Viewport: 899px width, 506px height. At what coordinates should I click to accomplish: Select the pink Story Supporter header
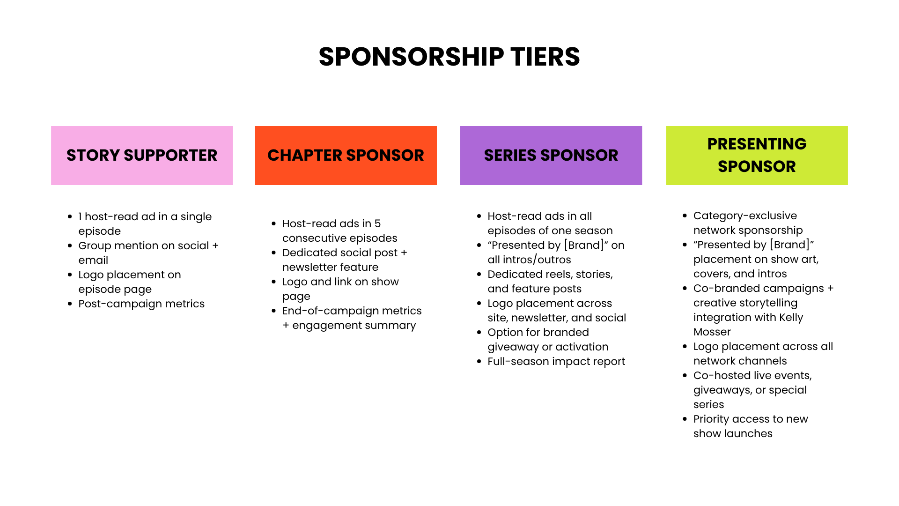pyautogui.click(x=142, y=156)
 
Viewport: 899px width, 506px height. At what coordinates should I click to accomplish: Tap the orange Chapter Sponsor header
pyautogui.click(x=346, y=156)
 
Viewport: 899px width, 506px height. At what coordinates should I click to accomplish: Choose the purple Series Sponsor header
pyautogui.click(x=551, y=156)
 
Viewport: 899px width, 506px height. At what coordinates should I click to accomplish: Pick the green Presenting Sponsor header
pyautogui.click(x=757, y=156)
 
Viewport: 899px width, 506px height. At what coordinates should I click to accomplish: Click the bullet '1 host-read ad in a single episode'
pyautogui.click(x=145, y=223)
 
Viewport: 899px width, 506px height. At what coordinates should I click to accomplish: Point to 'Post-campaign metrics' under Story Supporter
pyautogui.click(x=141, y=304)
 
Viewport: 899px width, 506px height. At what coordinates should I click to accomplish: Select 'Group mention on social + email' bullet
pyautogui.click(x=148, y=253)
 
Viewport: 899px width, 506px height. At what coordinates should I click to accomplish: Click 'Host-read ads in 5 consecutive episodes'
pyautogui.click(x=339, y=231)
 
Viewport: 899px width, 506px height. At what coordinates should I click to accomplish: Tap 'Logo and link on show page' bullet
pyautogui.click(x=340, y=289)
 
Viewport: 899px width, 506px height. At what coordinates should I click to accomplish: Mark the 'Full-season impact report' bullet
pyautogui.click(x=556, y=361)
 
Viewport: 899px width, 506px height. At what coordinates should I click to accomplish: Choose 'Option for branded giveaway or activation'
pyautogui.click(x=548, y=339)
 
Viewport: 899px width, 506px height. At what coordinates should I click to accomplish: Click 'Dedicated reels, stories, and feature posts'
pyautogui.click(x=550, y=281)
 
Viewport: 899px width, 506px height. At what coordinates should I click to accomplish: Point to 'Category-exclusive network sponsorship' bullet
pyautogui.click(x=748, y=223)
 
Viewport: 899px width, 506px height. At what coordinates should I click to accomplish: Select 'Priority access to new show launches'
pyautogui.click(x=751, y=426)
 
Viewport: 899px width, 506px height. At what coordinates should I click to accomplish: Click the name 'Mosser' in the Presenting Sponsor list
pyautogui.click(x=712, y=332)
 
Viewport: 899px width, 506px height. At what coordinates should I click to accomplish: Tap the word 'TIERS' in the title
pyautogui.click(x=545, y=57)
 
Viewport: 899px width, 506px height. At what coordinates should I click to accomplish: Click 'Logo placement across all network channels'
pyautogui.click(x=763, y=353)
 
